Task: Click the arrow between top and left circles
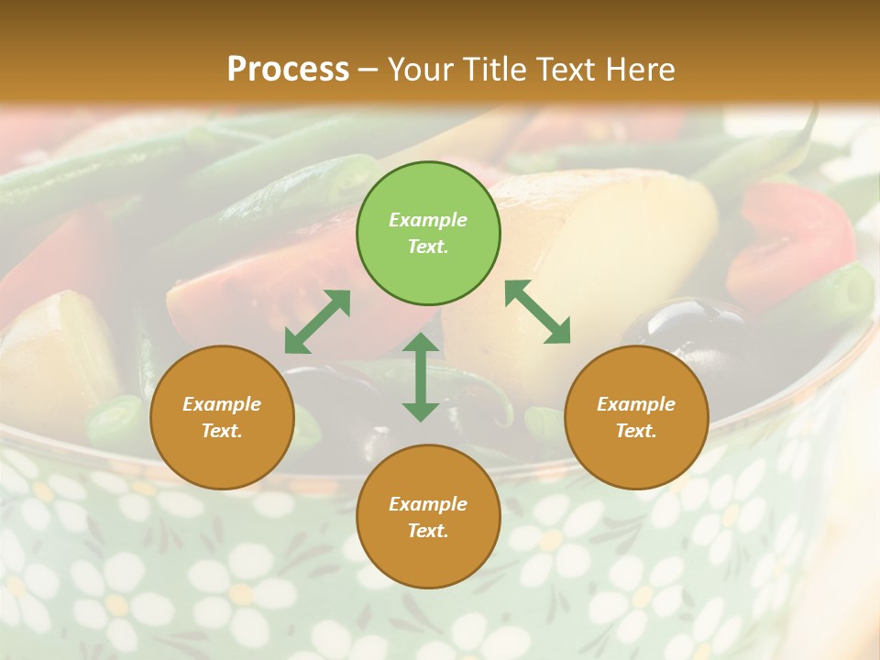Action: pyautogui.click(x=317, y=322)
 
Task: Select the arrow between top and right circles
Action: pyautogui.click(x=537, y=312)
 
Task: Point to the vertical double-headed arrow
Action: pyautogui.click(x=421, y=377)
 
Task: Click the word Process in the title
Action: pyautogui.click(x=288, y=69)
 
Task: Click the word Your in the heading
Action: pyautogui.click(x=421, y=69)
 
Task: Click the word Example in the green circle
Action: pyautogui.click(x=428, y=220)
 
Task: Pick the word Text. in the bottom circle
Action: pyautogui.click(x=428, y=531)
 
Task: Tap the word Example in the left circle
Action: pyautogui.click(x=222, y=404)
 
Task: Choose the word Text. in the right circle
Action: pyautogui.click(x=636, y=431)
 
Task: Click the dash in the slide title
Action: pyautogui.click(x=368, y=70)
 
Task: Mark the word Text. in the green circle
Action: pyautogui.click(x=428, y=247)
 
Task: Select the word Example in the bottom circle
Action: pyautogui.click(x=428, y=504)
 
